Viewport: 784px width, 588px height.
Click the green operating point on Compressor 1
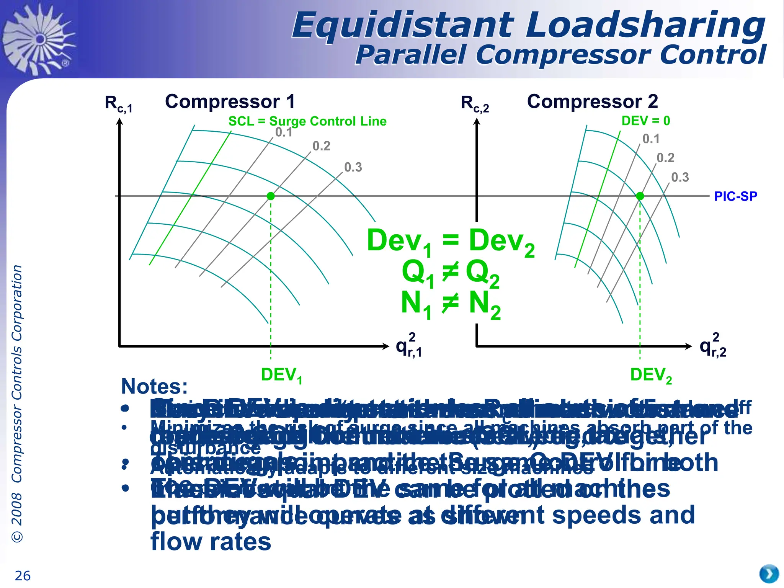(x=271, y=196)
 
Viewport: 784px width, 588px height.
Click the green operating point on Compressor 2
(x=640, y=196)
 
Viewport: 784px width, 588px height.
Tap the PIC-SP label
(x=735, y=196)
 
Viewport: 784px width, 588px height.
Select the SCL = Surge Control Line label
(x=307, y=121)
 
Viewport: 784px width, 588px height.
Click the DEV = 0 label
(x=646, y=121)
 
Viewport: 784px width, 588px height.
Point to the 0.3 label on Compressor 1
(x=353, y=167)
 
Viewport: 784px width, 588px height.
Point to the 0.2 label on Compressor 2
(x=665, y=158)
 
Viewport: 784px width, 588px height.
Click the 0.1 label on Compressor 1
(x=284, y=132)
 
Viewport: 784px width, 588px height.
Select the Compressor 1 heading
(x=230, y=102)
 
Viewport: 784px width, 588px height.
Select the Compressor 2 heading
(x=592, y=102)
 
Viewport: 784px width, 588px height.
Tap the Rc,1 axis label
(x=118, y=104)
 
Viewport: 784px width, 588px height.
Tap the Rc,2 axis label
(x=475, y=104)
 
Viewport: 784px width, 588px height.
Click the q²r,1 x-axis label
(x=409, y=346)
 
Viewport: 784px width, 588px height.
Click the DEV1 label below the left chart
(x=281, y=375)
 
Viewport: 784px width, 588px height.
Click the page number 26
(x=23, y=576)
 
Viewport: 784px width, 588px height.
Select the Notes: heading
(x=154, y=387)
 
